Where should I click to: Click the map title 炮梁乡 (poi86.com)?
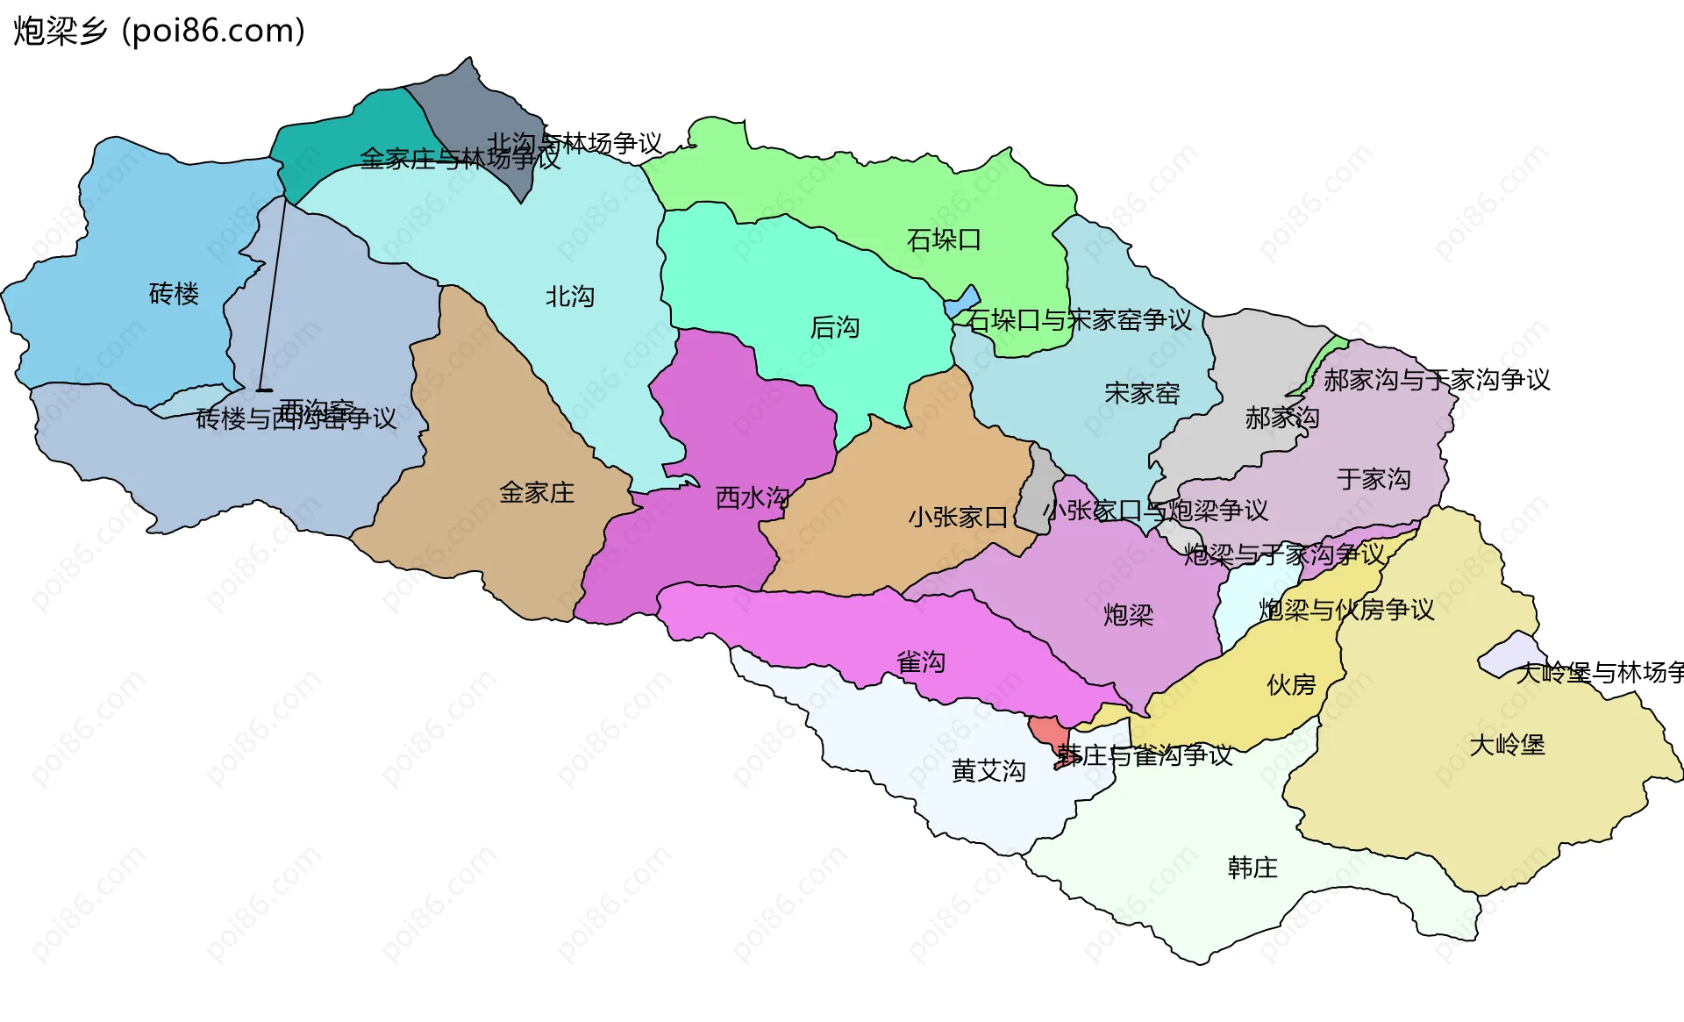pos(159,31)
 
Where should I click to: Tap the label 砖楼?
pos(174,294)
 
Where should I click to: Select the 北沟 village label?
pos(570,297)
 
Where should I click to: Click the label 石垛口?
pos(944,239)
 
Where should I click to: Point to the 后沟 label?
pos(835,327)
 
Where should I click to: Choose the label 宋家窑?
pos(1142,394)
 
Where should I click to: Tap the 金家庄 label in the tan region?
pos(537,493)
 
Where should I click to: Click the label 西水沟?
pos(753,498)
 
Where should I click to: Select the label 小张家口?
pos(958,518)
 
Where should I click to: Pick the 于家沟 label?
pos(1374,479)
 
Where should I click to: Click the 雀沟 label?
pos(921,662)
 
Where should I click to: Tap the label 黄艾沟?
pos(988,771)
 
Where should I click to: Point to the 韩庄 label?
pos(1252,868)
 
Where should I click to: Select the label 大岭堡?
pos(1507,746)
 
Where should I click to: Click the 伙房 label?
pos(1291,685)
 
